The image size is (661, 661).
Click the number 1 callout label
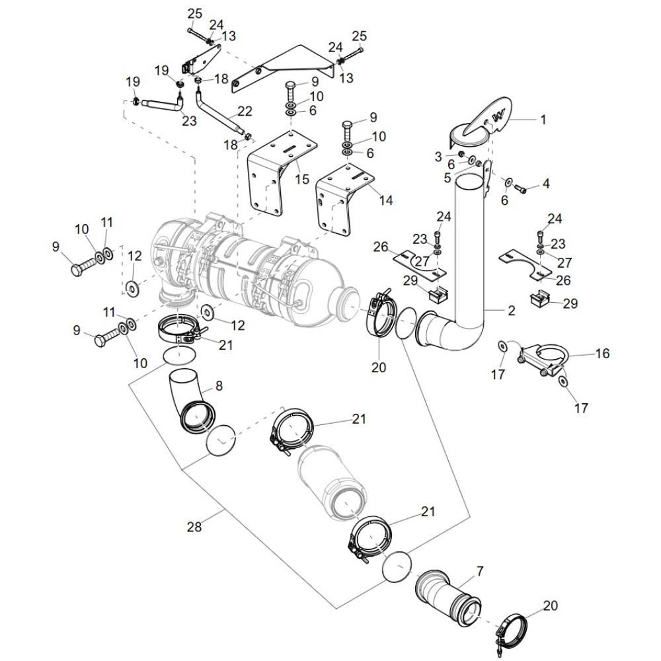click(x=543, y=120)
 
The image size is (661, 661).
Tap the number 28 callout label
click(x=193, y=527)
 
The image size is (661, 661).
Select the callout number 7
click(x=480, y=569)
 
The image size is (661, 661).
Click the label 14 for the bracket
click(x=385, y=199)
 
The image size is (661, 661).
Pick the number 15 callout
click(x=303, y=178)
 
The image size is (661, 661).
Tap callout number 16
click(x=602, y=354)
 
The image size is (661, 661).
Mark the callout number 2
click(x=512, y=311)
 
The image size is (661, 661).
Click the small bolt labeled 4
click(x=520, y=190)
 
